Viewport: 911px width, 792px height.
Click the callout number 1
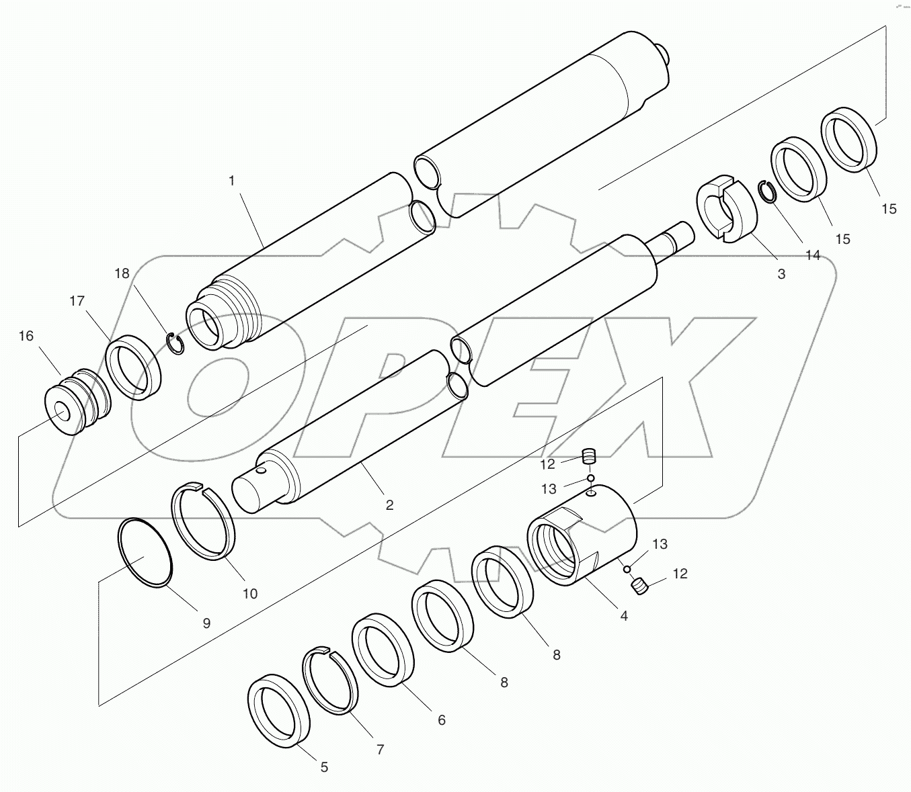[231, 181]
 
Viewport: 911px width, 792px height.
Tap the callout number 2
[389, 504]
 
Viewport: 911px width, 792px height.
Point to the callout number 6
[442, 720]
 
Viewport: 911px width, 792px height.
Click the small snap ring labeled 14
[767, 191]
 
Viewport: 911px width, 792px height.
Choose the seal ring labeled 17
[134, 367]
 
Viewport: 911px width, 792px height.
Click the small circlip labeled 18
[176, 343]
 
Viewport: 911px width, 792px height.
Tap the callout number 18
[122, 274]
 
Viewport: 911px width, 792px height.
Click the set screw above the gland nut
[589, 457]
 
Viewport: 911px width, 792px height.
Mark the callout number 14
[812, 255]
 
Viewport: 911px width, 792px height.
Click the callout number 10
[249, 594]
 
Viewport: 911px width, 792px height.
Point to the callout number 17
[77, 301]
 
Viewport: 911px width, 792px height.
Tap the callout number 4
[624, 615]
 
